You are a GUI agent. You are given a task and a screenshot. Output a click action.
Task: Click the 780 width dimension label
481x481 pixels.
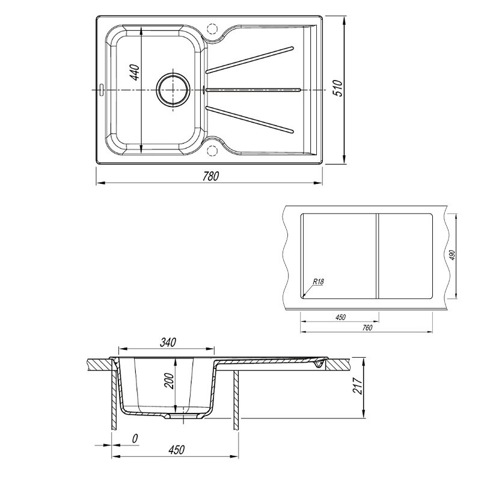pos(211,176)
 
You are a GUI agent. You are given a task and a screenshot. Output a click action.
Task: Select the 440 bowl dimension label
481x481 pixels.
pos(135,72)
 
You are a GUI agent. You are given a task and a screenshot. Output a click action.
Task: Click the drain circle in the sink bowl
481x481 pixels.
pos(173,90)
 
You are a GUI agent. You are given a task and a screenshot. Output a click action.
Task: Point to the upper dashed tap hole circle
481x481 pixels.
pos(212,28)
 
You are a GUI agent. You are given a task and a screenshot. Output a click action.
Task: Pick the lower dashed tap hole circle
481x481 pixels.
pos(212,150)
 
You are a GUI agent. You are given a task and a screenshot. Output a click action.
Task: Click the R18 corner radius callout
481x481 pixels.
pos(319,281)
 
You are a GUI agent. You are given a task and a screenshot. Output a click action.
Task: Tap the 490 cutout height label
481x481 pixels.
pos(452,255)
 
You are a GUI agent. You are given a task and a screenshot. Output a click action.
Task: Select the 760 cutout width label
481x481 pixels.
pos(367,328)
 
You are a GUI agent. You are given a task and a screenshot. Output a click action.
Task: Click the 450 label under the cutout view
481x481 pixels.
pos(340,317)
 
